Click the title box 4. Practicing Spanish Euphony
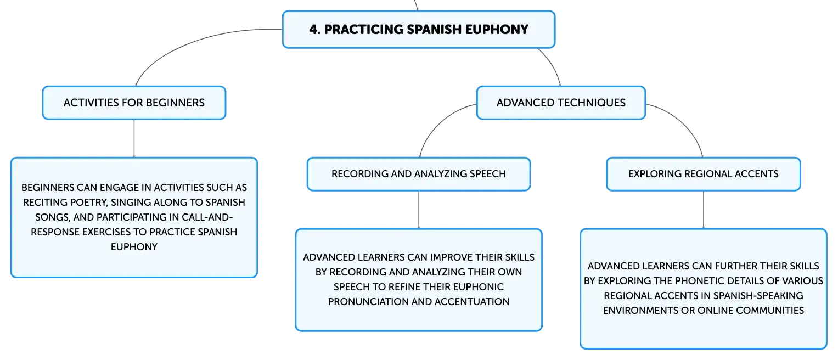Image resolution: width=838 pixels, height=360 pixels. coord(419,29)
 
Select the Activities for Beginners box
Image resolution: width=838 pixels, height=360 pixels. coord(134,103)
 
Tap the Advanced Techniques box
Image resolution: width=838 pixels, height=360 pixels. coord(561,103)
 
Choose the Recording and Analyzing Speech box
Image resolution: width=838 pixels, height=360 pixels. coord(419,174)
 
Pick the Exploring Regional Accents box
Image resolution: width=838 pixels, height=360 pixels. coord(704,174)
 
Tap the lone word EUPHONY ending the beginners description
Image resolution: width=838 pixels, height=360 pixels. coord(134,247)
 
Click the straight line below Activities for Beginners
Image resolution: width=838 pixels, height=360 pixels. coord(134,138)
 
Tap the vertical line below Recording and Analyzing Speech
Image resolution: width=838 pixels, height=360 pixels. coord(419,210)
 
